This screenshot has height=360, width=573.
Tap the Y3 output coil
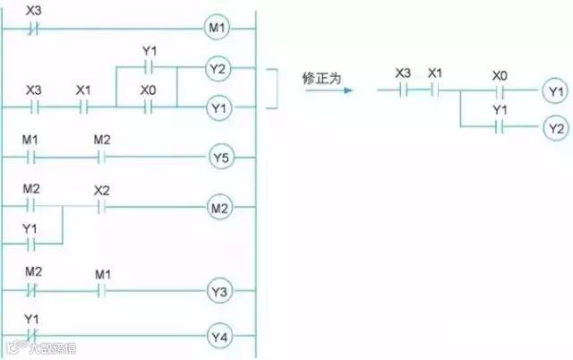[x=220, y=292]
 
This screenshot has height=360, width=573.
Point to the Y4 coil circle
[x=220, y=337]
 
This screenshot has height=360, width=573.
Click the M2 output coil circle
[x=220, y=209]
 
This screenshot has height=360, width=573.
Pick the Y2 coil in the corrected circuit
[x=554, y=127]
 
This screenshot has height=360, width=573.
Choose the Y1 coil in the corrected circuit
[x=554, y=90]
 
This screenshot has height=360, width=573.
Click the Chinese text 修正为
[x=322, y=76]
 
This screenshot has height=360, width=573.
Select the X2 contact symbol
[x=100, y=208]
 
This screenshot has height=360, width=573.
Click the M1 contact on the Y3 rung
[x=101, y=292]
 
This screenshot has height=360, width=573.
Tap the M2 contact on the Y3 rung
[x=33, y=292]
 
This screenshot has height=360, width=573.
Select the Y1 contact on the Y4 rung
[x=33, y=337]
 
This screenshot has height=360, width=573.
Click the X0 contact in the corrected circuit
[x=500, y=90]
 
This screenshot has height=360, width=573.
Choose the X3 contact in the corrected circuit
[x=404, y=90]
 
